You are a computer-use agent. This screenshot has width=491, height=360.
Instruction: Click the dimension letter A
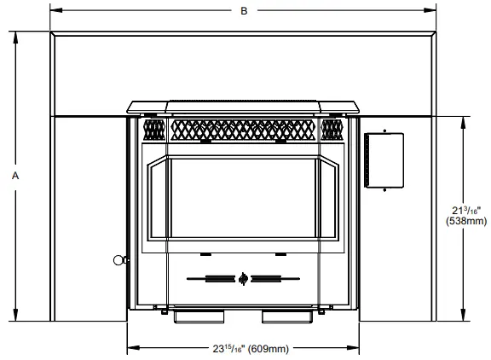[15, 175]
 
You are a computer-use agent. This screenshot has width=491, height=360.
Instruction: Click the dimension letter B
[244, 11]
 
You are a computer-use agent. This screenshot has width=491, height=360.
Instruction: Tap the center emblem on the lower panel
[244, 277]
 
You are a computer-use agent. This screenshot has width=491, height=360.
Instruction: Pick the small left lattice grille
[153, 129]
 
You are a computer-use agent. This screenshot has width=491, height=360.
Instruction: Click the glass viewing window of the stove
[243, 199]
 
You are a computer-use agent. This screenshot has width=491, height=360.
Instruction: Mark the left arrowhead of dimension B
[54, 11]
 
